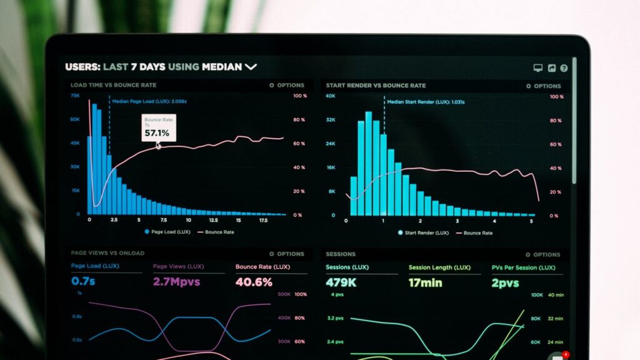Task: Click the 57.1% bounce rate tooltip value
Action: [x=157, y=133]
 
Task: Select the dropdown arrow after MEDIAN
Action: [x=251, y=66]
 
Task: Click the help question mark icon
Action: [x=564, y=68]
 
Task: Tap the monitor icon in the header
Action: [x=537, y=68]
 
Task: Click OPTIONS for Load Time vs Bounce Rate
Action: [x=287, y=85]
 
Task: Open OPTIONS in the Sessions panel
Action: [x=543, y=254]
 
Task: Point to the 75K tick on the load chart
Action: [x=75, y=96]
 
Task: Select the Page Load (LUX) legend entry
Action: [x=167, y=232]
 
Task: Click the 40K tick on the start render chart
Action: [x=331, y=96]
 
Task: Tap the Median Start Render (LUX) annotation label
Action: [x=426, y=102]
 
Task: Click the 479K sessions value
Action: [x=341, y=282]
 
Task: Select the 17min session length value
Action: [x=425, y=282]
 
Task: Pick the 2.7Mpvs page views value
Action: [x=177, y=282]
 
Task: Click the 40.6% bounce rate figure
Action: [x=254, y=282]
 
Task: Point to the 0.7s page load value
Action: [x=83, y=282]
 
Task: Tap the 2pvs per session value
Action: [x=506, y=282]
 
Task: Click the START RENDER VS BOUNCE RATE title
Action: [x=376, y=86]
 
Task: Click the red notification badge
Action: [x=566, y=354]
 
